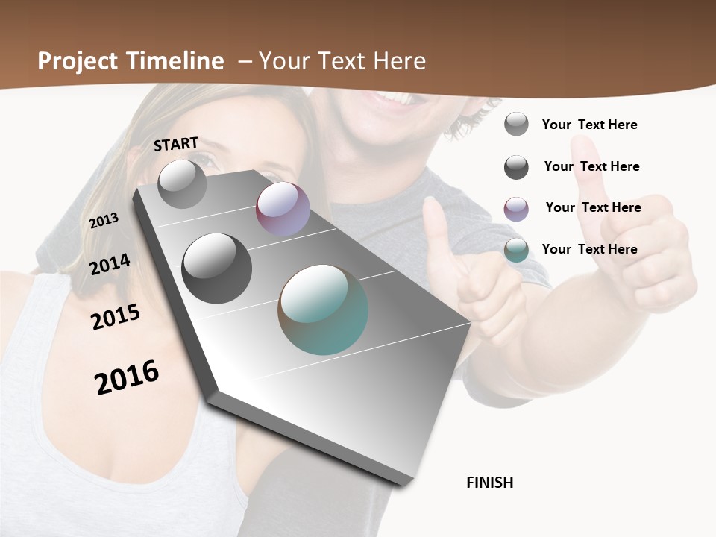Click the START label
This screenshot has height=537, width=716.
(176, 144)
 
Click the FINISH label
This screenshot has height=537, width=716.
(490, 483)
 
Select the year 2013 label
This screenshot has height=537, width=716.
(104, 220)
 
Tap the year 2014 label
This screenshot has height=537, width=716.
(110, 264)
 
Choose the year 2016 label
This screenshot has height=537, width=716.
(127, 377)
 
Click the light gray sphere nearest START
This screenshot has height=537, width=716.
(182, 183)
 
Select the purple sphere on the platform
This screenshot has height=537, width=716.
(283, 209)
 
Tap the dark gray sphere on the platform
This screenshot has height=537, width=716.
(216, 268)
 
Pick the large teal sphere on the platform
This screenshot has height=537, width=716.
(323, 310)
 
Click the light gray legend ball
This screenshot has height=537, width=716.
(516, 125)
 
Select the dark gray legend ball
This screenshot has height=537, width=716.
(516, 167)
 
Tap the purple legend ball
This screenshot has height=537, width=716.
(516, 209)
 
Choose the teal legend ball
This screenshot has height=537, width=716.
(516, 250)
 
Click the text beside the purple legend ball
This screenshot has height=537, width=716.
(593, 207)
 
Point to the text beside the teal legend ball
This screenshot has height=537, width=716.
(589, 249)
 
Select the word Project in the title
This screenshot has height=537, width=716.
(77, 61)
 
